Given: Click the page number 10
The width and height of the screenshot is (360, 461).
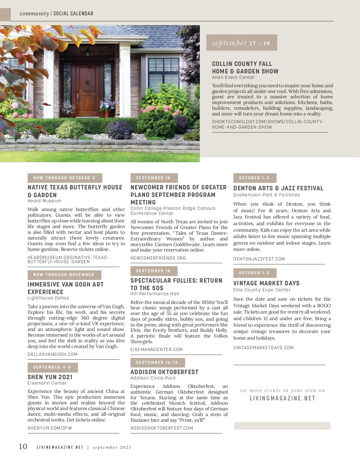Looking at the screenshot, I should (23, 447).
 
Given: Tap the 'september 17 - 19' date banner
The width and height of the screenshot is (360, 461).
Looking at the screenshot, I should (241, 43).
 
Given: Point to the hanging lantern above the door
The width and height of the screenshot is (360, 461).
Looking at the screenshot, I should (88, 54).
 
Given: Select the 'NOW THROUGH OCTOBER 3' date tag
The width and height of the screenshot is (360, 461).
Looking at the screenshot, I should (64, 178).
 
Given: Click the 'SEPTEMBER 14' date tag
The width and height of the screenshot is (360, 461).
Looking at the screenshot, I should (154, 178).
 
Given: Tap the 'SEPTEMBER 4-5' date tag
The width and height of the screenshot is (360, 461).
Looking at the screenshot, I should (52, 367).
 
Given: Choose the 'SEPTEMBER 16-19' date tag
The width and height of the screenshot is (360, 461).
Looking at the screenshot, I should (157, 363).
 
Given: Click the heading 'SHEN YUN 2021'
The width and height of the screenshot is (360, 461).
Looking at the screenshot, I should (50, 377).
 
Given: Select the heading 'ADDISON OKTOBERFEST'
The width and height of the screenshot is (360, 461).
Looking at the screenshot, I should (164, 372).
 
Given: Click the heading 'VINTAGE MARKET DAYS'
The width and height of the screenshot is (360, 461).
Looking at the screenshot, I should (266, 283).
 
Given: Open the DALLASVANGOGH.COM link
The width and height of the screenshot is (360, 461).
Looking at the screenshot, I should (52, 354).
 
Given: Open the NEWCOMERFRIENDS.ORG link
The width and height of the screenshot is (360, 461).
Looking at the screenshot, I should (158, 258).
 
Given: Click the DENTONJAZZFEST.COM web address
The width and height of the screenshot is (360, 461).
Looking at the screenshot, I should (259, 259).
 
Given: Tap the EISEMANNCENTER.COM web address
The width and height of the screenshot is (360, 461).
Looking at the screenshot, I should (157, 349).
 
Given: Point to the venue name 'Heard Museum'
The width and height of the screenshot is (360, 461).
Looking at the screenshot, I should (44, 201).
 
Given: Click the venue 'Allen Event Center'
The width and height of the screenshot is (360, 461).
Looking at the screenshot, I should (233, 77).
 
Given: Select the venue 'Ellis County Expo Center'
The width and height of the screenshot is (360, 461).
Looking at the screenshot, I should (262, 290).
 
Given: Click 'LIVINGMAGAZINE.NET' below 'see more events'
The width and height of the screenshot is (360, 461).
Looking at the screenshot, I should (282, 398).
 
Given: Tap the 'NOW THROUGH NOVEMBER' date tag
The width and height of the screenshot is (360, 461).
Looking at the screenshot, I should (64, 275).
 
